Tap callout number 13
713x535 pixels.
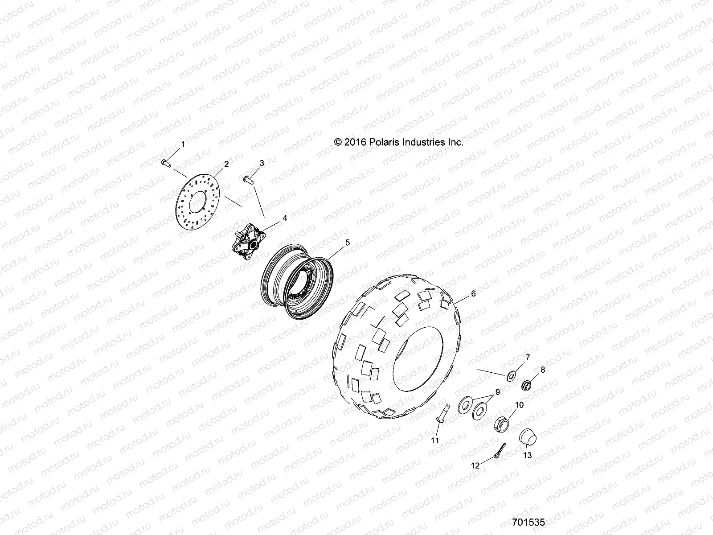[527, 456]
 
